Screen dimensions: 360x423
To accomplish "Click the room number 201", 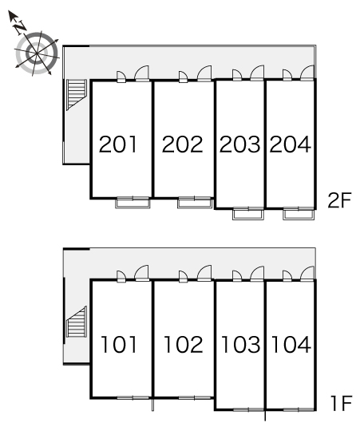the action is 117,144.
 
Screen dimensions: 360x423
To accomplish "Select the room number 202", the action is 182,144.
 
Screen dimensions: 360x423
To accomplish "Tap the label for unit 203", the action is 240,144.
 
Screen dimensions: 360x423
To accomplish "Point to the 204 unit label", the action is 290,144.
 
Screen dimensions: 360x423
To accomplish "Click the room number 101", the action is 119,344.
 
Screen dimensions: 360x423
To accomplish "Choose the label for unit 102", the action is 184,344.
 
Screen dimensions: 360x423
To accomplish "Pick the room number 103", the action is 241,344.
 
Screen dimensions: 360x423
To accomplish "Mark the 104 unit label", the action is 291,344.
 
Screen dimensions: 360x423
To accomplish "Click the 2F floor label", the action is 339,200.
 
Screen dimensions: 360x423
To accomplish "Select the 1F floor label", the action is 341,403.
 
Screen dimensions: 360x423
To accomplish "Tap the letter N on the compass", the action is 19,27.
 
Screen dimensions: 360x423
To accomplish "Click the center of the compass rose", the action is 37,53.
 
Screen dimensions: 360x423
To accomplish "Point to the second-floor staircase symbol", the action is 77,95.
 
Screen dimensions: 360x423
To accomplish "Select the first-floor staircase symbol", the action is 77,322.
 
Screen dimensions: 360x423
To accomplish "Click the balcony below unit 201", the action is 133,203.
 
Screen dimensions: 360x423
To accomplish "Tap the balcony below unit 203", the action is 248,214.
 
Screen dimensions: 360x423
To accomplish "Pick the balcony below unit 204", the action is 299,214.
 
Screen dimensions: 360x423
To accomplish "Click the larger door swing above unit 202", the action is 204,73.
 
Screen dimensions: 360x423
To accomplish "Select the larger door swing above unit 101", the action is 141,273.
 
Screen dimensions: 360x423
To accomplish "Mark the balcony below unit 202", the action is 194,203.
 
